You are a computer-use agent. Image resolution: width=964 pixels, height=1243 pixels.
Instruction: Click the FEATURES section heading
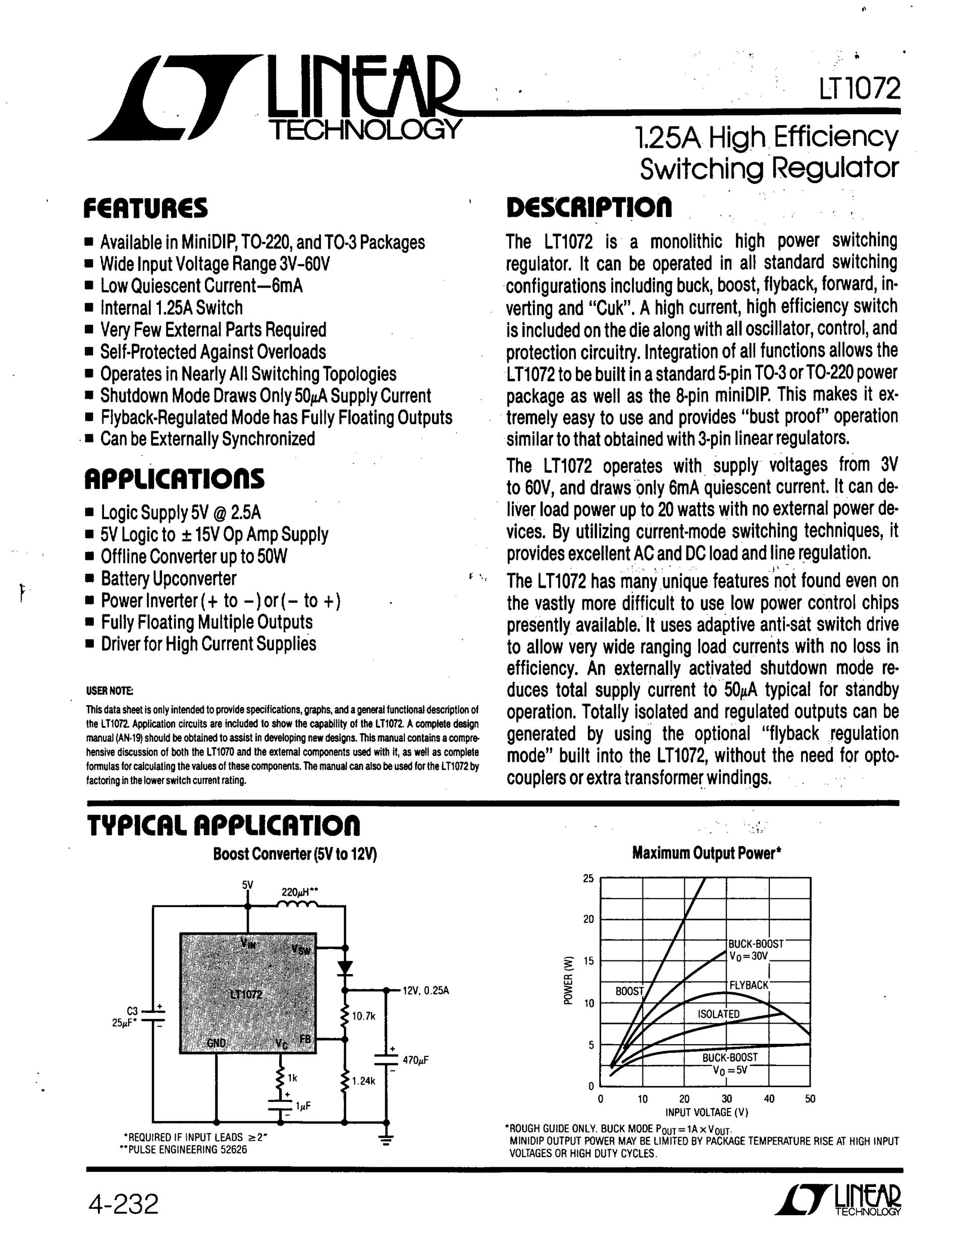[146, 208]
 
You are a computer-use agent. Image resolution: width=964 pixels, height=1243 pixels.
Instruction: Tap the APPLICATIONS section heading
[174, 479]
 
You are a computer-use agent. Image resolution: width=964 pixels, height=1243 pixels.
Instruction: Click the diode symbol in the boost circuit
[345, 967]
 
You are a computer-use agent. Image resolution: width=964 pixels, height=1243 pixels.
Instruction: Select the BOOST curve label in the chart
[629, 991]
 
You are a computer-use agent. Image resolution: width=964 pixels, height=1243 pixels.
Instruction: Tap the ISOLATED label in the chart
[719, 1013]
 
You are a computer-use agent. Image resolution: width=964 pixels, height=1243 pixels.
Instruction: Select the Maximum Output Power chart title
[706, 853]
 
